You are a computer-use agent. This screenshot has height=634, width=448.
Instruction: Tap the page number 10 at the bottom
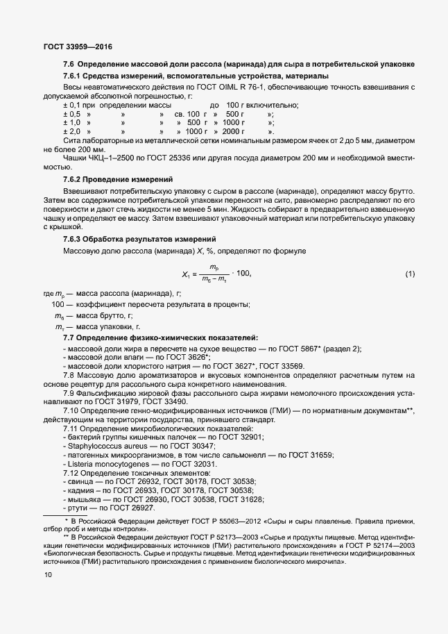[47, 575]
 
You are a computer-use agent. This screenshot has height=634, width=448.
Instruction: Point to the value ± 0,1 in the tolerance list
[72, 105]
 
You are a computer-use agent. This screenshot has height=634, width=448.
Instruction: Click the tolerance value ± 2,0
[72, 131]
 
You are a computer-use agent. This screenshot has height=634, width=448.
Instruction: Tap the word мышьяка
[83, 499]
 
